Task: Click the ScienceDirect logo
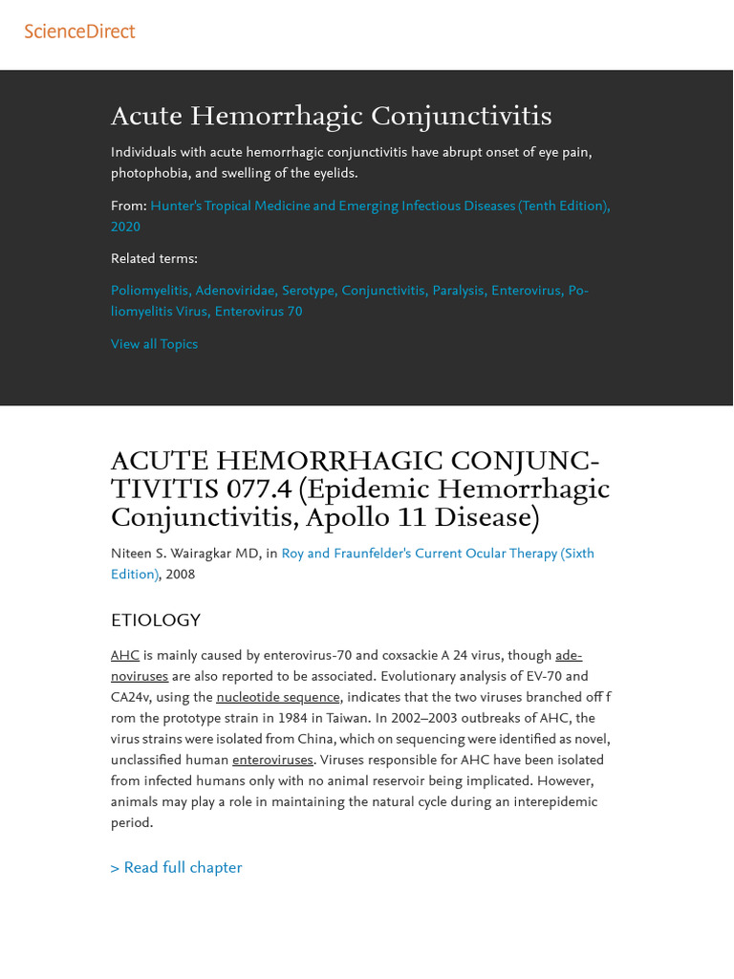[x=79, y=32]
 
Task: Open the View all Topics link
[x=154, y=344]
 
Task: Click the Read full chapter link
[x=177, y=867]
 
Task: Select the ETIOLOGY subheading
[x=156, y=620]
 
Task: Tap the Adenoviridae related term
[x=235, y=291]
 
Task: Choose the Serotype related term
[x=308, y=291]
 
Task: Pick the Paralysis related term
[x=458, y=291]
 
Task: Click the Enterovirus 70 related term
[x=258, y=312]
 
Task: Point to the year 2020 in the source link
[x=125, y=227]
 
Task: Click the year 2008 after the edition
[x=180, y=575]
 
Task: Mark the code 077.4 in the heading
[x=260, y=489]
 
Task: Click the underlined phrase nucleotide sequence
[x=277, y=697]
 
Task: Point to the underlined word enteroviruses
[x=272, y=760]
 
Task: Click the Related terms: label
[x=154, y=258]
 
